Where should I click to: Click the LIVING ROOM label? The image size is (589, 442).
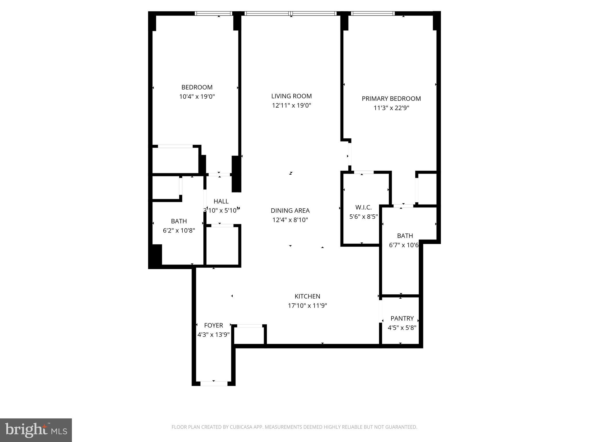click(x=291, y=96)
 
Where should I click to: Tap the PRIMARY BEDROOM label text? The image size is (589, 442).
click(x=391, y=99)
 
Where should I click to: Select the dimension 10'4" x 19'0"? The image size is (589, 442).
click(x=197, y=97)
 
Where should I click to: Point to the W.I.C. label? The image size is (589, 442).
click(x=363, y=207)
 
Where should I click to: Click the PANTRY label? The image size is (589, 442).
click(x=402, y=319)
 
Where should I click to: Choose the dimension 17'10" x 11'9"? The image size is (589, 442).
click(x=307, y=306)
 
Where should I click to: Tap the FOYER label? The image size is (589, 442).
click(x=213, y=325)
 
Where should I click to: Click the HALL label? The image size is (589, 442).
click(x=221, y=201)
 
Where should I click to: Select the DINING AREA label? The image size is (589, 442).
click(x=290, y=211)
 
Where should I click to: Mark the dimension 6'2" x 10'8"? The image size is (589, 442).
click(x=179, y=230)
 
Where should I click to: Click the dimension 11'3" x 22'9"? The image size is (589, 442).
click(x=391, y=108)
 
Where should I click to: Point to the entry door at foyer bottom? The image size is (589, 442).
click(x=214, y=383)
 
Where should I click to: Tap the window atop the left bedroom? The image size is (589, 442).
click(x=213, y=14)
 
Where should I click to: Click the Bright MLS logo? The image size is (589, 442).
click(x=36, y=430)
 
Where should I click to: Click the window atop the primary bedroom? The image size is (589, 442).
click(x=372, y=14)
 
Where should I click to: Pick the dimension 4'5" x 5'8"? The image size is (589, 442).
click(x=402, y=328)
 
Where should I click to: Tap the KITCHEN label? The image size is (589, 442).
click(x=307, y=296)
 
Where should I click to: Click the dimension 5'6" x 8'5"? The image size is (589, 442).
click(x=363, y=216)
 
